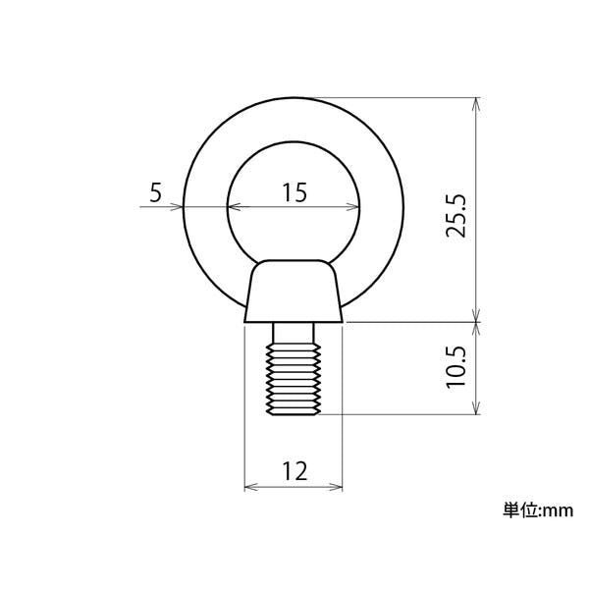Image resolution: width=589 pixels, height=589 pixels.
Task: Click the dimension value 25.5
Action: [x=455, y=216]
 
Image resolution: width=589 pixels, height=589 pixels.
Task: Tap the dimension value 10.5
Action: [x=455, y=367]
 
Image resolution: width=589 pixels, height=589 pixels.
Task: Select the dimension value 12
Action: [x=294, y=471]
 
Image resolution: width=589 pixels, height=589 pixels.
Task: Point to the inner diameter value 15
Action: [x=294, y=192]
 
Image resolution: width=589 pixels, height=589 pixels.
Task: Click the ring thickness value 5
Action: [x=155, y=192]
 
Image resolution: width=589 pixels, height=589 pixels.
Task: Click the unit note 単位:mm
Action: [x=538, y=510]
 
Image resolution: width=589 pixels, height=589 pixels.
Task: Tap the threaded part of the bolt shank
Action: [x=294, y=379]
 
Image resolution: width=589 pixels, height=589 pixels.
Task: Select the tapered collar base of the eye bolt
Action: [x=294, y=292]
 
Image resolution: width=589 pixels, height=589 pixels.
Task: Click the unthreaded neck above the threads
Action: [x=294, y=334]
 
